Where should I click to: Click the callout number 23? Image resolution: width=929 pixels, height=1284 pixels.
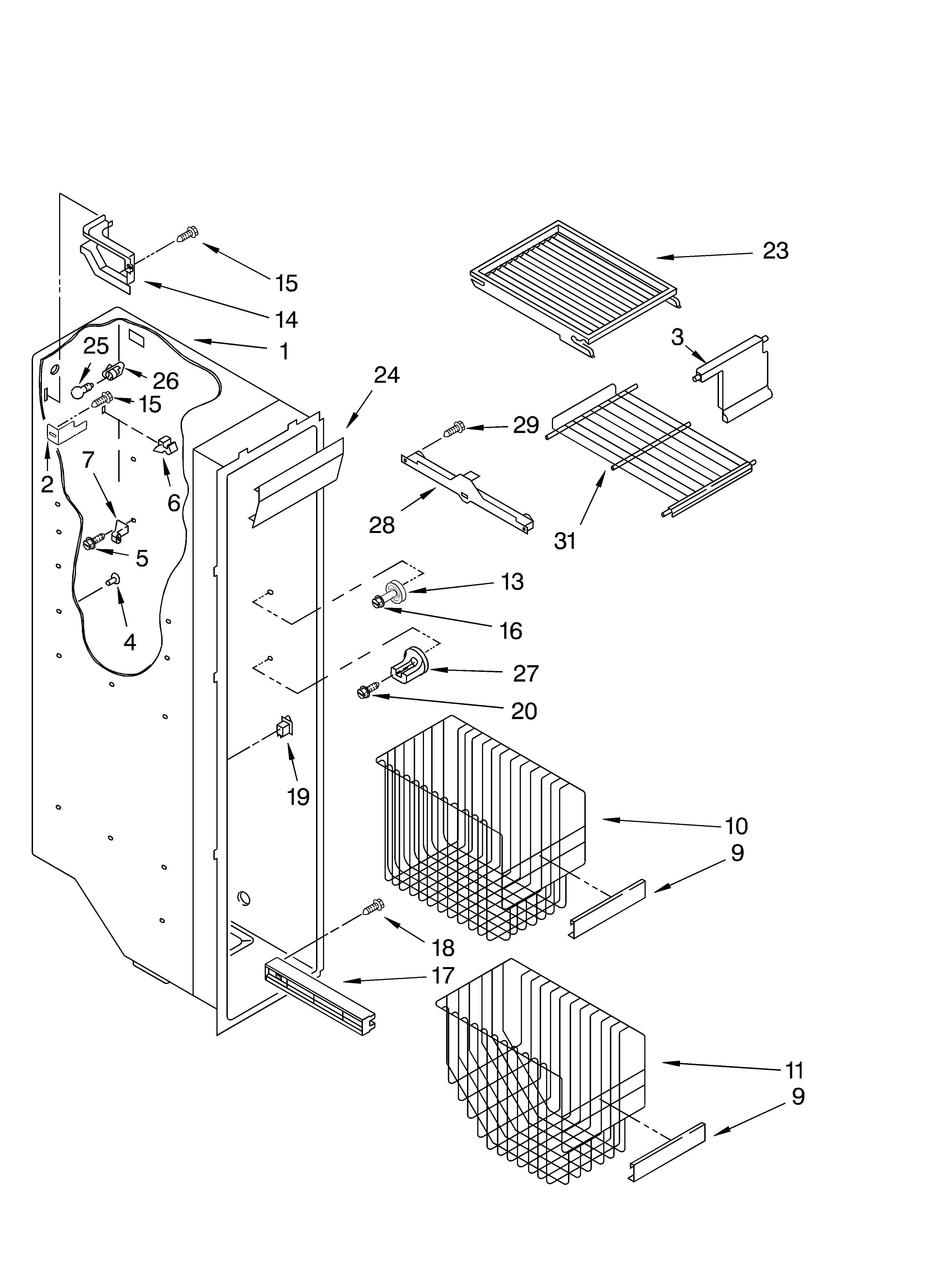click(775, 251)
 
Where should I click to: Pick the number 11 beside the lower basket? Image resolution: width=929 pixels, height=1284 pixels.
click(794, 1071)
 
